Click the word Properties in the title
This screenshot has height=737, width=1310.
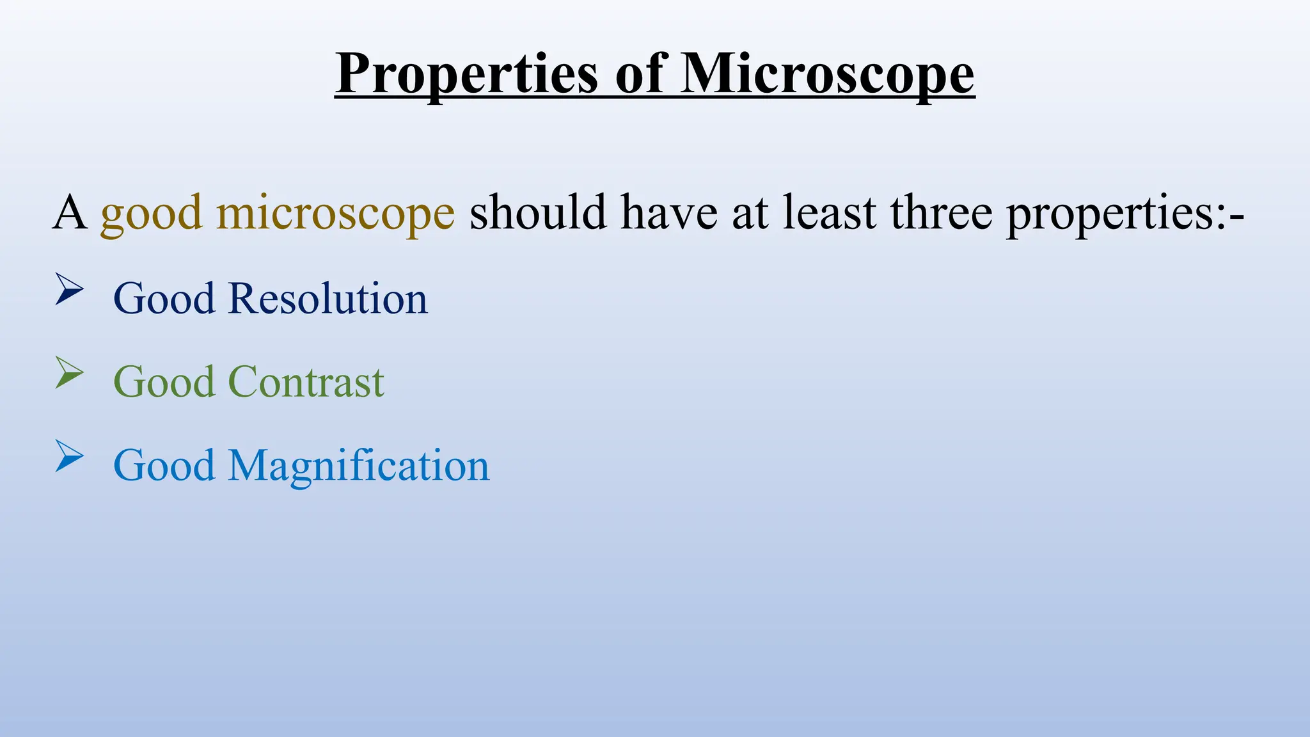467,75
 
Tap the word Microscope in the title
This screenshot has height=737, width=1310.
827,75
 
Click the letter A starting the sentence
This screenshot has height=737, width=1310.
70,212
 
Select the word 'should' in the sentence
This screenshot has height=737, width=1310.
538,212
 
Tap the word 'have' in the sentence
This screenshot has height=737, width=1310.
669,212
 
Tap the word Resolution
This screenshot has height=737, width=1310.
327,299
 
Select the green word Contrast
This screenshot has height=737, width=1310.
306,382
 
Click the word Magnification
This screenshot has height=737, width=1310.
358,466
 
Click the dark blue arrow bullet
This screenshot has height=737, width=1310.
69,289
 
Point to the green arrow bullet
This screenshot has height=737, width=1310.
69,373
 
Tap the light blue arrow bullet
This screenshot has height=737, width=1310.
69,456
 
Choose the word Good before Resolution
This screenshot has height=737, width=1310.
164,299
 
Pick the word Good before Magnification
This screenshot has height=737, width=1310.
164,465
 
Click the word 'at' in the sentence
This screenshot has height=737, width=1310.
750,214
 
